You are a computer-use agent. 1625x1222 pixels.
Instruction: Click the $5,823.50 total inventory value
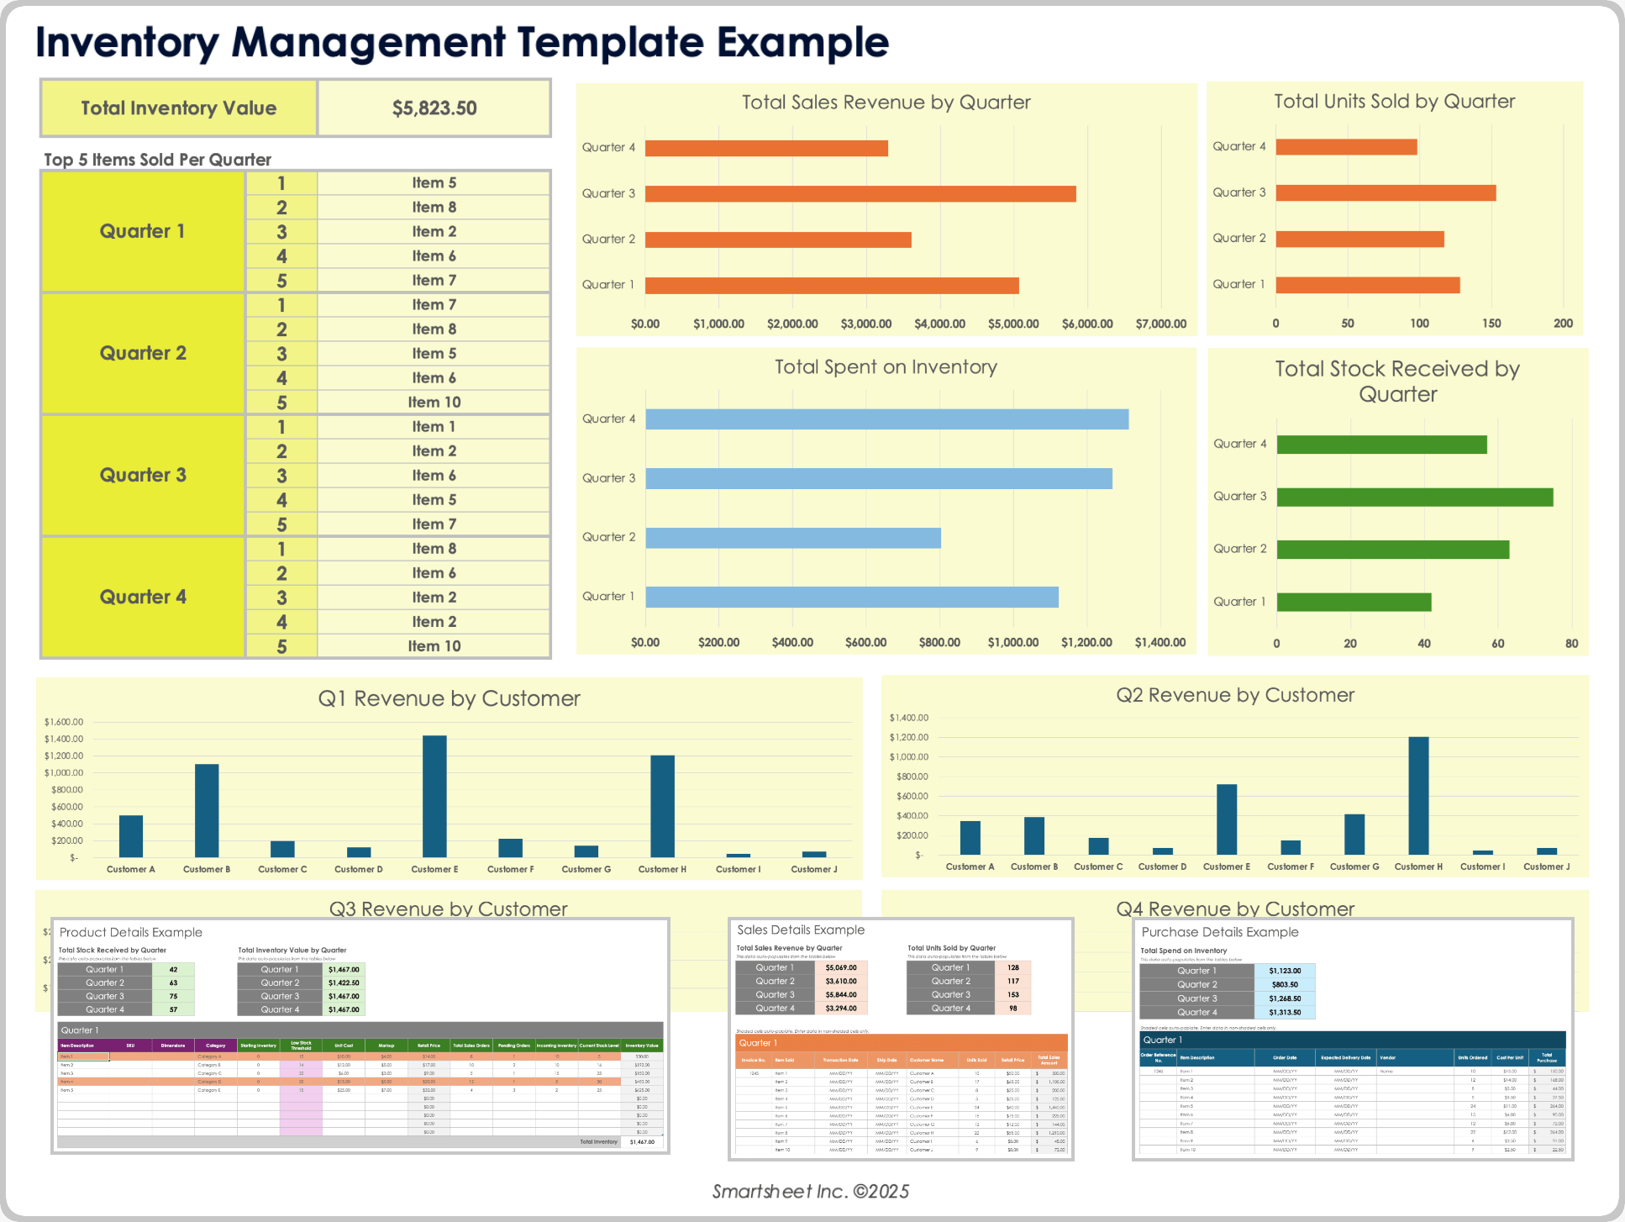tap(434, 108)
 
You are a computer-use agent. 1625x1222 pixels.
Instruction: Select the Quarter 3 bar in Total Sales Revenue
tap(860, 194)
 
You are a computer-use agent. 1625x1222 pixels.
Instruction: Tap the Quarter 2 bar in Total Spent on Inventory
tap(792, 538)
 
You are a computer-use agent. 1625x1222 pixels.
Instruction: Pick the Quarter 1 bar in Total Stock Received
tap(1353, 603)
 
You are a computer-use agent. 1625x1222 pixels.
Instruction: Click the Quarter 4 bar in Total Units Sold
tap(1345, 147)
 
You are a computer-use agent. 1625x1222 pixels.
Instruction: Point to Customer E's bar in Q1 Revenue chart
tap(434, 795)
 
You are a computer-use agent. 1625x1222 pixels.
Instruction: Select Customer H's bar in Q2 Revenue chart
tap(1418, 795)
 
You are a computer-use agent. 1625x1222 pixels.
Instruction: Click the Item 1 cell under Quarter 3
tap(434, 427)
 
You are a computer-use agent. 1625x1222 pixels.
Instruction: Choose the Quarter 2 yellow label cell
tap(143, 354)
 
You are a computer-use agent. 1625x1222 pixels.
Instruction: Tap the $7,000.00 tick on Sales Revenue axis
tap(1160, 324)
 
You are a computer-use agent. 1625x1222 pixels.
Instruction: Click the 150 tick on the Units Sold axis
tap(1491, 324)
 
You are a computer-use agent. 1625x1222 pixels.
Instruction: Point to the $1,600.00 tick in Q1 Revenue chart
tap(64, 722)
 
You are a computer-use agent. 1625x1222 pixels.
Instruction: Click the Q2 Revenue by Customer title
tap(1234, 695)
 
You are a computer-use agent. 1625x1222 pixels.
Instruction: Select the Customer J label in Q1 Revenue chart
tap(813, 870)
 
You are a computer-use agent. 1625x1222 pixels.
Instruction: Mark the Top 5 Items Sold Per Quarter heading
tap(157, 160)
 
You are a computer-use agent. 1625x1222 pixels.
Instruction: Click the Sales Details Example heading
tap(801, 930)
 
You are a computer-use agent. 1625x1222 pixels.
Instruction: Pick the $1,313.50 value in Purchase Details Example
tap(1285, 1013)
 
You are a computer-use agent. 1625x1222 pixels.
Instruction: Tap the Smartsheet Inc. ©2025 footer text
tap(811, 1191)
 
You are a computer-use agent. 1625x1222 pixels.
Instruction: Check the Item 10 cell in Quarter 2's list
tap(434, 403)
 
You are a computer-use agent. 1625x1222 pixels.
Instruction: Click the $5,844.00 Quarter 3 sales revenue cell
tap(840, 995)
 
